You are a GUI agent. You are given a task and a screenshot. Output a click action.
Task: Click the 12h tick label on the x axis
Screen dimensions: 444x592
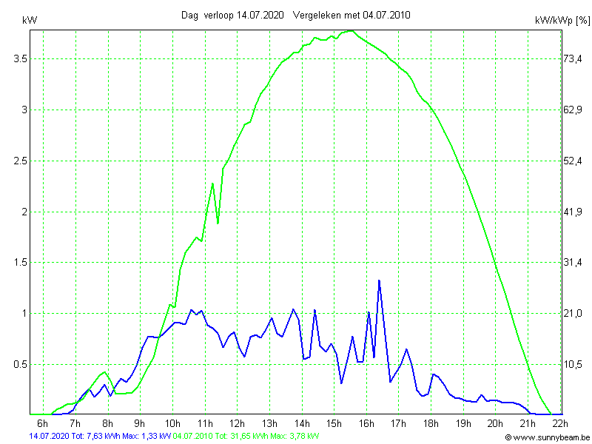[x=237, y=423]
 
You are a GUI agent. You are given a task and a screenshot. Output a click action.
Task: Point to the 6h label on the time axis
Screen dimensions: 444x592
[x=43, y=423]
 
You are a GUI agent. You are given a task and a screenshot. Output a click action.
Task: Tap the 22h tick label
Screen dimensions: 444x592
[x=560, y=423]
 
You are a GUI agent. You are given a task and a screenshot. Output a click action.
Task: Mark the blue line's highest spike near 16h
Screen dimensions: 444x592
[x=379, y=280]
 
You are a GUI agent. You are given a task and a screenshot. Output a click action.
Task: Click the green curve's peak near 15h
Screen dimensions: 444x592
[x=350, y=31]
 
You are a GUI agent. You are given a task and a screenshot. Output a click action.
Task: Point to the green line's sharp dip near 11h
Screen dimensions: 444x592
[x=218, y=223]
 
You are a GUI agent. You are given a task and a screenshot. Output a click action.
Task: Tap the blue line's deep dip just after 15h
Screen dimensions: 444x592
[x=341, y=383]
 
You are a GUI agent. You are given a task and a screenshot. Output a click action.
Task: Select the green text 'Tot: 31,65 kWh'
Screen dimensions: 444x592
[x=240, y=437]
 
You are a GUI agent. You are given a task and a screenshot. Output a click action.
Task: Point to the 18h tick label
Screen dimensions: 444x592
[x=431, y=423]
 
